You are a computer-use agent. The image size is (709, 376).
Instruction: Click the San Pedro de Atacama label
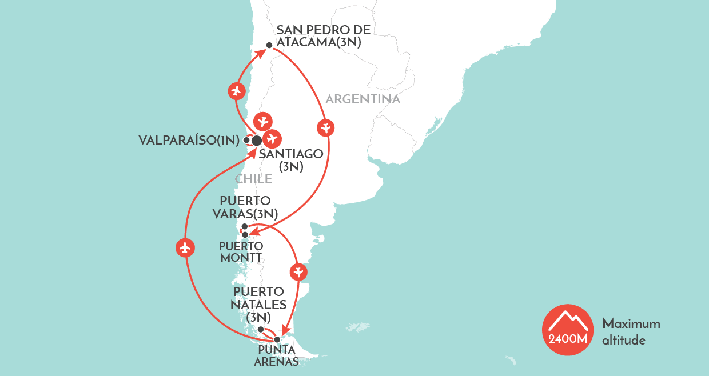pyautogui.click(x=323, y=35)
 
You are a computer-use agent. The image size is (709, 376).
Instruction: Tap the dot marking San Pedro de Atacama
pyautogui.click(x=269, y=45)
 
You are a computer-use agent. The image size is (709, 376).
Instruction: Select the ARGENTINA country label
pyautogui.click(x=363, y=99)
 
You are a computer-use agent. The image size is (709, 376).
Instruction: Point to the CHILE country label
pyautogui.click(x=253, y=179)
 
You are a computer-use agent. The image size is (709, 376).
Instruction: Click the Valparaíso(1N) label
pyautogui.click(x=189, y=140)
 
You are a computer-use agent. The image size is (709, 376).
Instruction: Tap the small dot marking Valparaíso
pyautogui.click(x=246, y=140)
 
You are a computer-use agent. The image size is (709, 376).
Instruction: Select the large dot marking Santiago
pyautogui.click(x=257, y=140)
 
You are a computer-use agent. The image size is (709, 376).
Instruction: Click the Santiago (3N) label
pyautogui.click(x=290, y=160)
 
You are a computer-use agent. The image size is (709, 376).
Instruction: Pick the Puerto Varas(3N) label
pyautogui.click(x=249, y=207)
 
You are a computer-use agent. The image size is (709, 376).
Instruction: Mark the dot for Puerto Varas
pyautogui.click(x=245, y=227)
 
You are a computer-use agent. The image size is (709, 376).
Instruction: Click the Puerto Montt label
pyautogui.click(x=241, y=251)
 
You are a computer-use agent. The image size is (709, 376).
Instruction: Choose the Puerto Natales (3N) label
pyautogui.click(x=258, y=304)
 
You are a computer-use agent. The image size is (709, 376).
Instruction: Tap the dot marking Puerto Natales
pyautogui.click(x=261, y=329)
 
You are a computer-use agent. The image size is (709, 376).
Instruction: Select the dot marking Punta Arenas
pyautogui.click(x=277, y=339)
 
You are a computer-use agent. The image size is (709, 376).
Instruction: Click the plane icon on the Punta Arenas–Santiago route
pyautogui.click(x=185, y=247)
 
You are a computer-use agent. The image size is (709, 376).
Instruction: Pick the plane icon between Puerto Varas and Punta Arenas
pyautogui.click(x=298, y=272)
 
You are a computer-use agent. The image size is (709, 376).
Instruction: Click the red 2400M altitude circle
pyautogui.click(x=568, y=330)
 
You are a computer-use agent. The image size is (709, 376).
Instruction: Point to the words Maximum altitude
pyautogui.click(x=631, y=331)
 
